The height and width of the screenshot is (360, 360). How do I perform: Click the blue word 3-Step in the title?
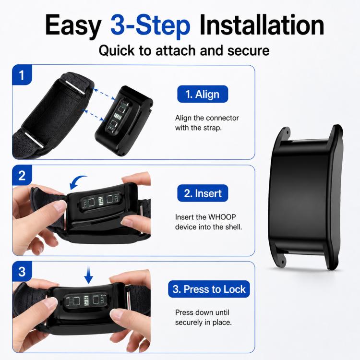click(150, 25)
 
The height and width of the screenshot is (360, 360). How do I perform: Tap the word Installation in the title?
click(262, 25)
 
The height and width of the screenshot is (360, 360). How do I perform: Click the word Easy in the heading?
click(73, 26)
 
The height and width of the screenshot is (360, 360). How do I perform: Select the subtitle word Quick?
click(117, 50)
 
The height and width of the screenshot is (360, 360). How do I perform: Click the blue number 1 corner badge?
click(22, 75)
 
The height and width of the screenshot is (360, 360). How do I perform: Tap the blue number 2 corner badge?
click(22, 175)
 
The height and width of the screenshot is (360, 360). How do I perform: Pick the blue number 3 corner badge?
click(22, 271)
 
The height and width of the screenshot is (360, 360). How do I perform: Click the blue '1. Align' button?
click(203, 94)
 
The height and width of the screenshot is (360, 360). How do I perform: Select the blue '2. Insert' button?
click(203, 193)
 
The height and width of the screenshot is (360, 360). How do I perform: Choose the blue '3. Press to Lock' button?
click(209, 289)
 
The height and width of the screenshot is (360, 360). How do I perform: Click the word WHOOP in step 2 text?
click(222, 217)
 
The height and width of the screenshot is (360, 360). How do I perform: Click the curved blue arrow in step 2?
click(76, 180)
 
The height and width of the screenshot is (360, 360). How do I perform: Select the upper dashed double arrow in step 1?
click(104, 94)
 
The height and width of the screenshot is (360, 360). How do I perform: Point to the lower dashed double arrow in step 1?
click(94, 115)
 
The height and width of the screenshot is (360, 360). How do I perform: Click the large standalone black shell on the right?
click(306, 197)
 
